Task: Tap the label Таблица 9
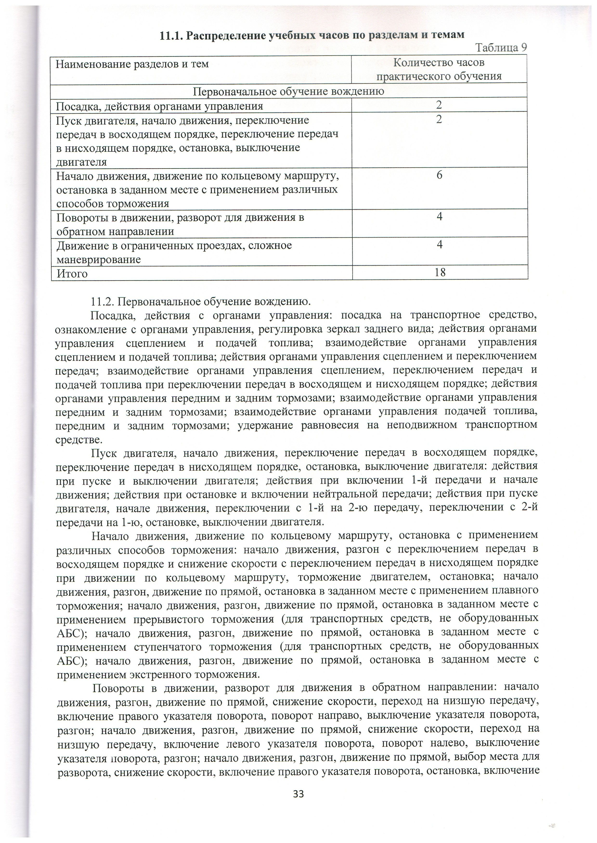(x=501, y=48)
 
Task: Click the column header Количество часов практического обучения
(x=439, y=69)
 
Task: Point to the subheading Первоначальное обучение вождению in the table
(x=289, y=91)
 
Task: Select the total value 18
(x=440, y=272)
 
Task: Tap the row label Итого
(x=72, y=274)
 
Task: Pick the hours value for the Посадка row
(x=439, y=105)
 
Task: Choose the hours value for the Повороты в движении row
(x=439, y=217)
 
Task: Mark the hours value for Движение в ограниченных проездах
(x=439, y=244)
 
